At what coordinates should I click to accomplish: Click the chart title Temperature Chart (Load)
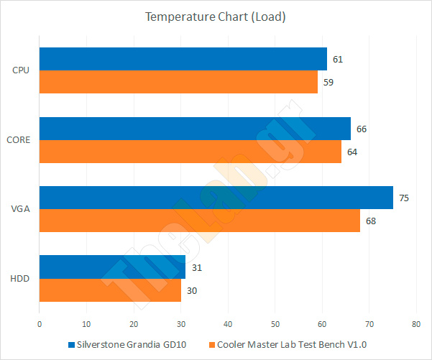coord(216,17)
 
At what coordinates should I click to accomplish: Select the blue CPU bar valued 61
coord(183,59)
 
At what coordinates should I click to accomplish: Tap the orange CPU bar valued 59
coord(178,82)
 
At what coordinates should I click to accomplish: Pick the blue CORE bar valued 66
coord(195,129)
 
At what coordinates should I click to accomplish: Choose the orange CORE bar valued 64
coord(190,152)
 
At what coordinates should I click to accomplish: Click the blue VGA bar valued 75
coord(216,198)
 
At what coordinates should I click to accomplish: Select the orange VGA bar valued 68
coord(199,221)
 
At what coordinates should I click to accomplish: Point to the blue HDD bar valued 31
coord(112,267)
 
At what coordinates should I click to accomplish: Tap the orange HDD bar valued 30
coord(109,290)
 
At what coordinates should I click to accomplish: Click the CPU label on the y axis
coord(21,70)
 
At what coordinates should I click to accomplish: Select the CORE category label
coord(18,140)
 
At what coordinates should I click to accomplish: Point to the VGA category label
coord(20,209)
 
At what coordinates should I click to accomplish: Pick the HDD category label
coord(20,278)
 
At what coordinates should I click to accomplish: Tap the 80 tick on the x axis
coord(416,325)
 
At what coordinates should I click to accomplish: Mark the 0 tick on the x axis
coord(40,325)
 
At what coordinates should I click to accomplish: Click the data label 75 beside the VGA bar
coord(404,198)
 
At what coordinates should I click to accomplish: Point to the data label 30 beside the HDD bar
coord(192,290)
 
